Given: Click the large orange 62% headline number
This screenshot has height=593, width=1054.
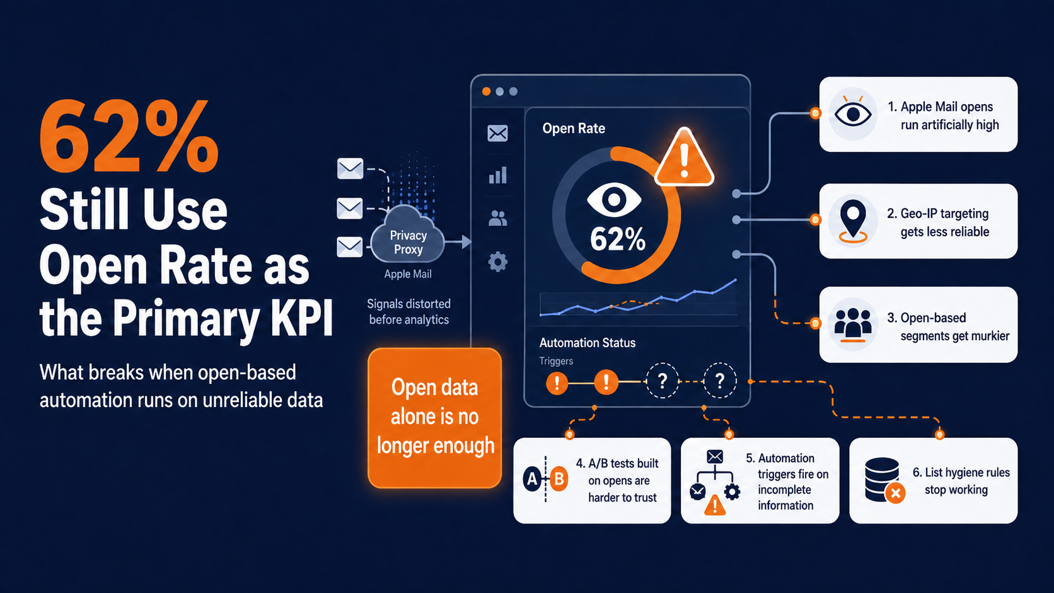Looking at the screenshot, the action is [129, 136].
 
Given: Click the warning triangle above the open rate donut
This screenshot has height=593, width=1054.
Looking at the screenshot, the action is [684, 158].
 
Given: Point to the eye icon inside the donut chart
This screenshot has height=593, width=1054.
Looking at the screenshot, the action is [613, 200].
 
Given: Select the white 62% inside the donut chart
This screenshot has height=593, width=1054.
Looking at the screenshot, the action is [617, 239].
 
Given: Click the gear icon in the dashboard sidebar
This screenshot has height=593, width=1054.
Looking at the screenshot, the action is [497, 262].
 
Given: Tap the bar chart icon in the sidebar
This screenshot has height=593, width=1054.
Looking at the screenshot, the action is [497, 175].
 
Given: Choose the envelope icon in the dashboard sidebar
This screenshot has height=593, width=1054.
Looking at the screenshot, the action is [497, 133].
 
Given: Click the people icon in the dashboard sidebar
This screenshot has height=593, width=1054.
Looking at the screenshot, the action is [497, 218].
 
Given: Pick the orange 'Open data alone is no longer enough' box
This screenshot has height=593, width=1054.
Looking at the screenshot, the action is [435, 418].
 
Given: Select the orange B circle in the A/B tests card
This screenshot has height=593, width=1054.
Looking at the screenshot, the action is [559, 479].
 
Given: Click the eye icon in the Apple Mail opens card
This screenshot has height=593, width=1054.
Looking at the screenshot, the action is [853, 113].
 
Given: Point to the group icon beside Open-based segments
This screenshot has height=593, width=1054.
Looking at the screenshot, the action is [853, 325].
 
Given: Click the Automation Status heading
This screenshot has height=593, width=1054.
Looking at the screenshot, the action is [588, 343].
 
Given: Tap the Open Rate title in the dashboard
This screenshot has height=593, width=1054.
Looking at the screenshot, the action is [574, 129].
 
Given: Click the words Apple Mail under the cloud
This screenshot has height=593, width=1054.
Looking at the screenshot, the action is [407, 274].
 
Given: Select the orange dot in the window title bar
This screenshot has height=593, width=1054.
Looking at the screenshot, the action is [486, 91].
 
